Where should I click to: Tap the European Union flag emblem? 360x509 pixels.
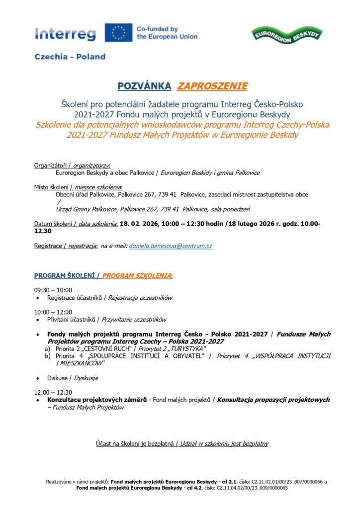pos(118,33)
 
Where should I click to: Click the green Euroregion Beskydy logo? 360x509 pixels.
pos(288,35)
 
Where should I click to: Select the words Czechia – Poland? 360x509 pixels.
pos(70,57)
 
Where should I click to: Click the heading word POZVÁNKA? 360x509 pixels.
pos(144,86)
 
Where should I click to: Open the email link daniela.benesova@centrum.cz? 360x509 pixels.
pos(171,246)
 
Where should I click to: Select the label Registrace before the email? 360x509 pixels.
pos(48,246)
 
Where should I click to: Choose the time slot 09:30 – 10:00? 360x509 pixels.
pos(53,290)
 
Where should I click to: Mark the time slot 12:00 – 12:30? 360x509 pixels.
pos(53,392)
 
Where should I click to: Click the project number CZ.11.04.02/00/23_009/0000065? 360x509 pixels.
pos(252,488)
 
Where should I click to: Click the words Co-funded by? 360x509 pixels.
pos(157,29)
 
